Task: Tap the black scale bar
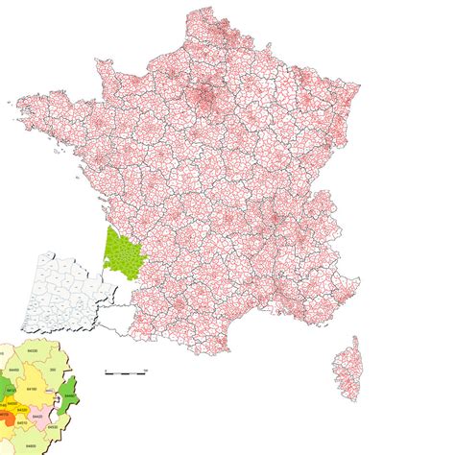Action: click(x=125, y=371)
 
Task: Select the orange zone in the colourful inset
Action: click(x=8, y=419)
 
